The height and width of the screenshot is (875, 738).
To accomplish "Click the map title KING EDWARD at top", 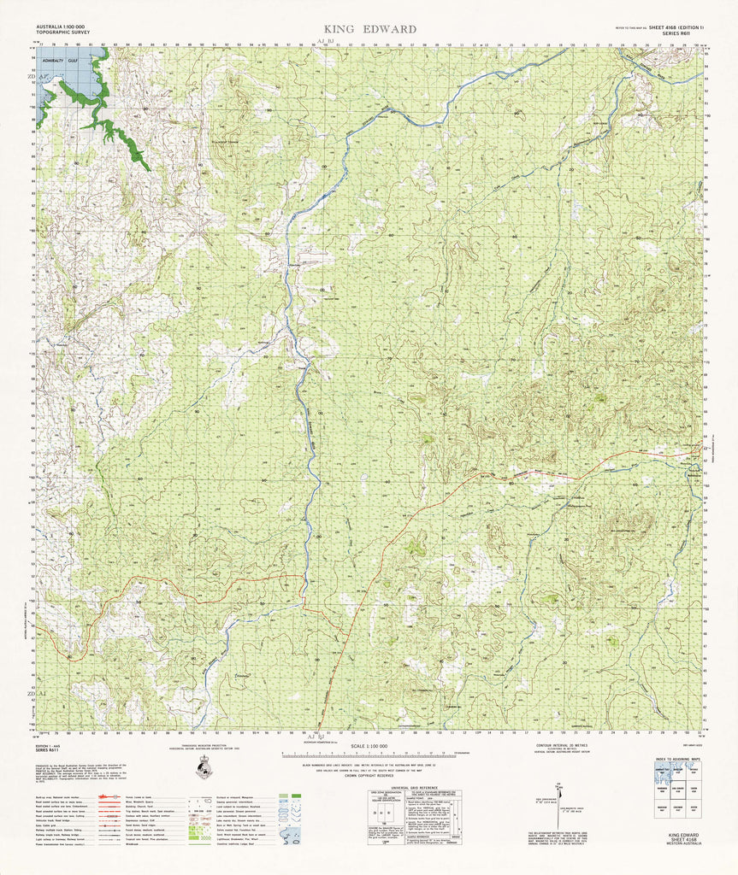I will tap(369, 29).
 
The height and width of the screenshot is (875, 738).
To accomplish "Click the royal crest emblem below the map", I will tap(203, 767).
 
